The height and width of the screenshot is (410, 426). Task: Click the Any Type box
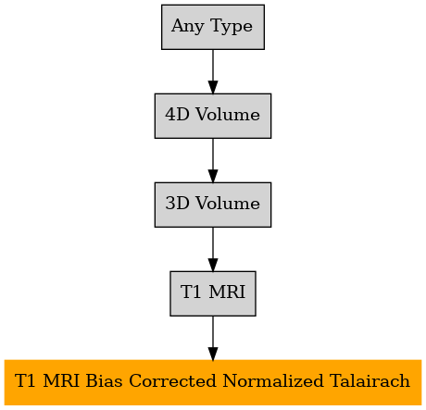213,27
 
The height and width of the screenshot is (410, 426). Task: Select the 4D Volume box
213,116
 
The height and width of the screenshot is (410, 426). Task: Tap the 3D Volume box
213,205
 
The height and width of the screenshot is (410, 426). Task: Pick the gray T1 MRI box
213,293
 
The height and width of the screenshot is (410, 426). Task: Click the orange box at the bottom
213,382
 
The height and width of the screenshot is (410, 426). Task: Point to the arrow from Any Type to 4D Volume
213,71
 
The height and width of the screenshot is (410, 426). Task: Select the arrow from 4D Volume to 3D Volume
213,160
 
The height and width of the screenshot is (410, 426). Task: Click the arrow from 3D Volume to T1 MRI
213,249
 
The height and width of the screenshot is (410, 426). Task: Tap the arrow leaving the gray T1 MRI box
213,338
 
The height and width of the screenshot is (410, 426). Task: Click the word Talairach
370,380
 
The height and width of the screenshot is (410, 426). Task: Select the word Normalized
273,380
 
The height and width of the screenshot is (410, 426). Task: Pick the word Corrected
172,380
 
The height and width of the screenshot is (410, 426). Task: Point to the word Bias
104,380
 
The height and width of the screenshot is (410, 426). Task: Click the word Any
187,27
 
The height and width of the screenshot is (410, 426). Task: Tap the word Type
232,27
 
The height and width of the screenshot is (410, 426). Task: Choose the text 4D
177,115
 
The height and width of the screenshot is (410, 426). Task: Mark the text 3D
177,204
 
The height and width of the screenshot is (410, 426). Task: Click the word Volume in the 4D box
228,115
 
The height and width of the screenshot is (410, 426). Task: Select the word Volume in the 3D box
228,204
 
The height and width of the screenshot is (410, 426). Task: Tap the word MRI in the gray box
227,292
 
